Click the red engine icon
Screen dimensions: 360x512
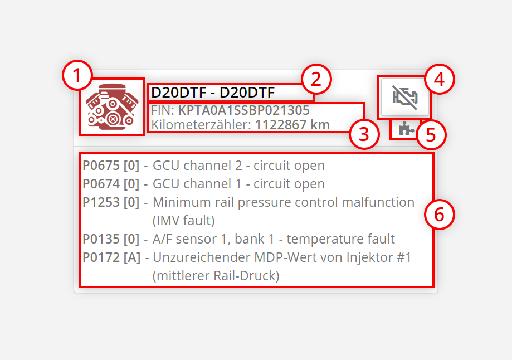click(111, 106)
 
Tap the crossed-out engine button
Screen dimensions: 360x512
click(405, 96)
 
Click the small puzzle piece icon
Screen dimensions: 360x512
click(404, 130)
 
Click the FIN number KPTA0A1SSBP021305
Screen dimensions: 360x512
click(243, 110)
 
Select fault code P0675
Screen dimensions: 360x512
click(101, 166)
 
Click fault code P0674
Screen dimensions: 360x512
click(101, 184)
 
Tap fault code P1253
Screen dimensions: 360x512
click(101, 202)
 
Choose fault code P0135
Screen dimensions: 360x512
click(101, 239)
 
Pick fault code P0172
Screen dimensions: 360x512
click(101, 257)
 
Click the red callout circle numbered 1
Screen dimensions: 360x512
click(77, 76)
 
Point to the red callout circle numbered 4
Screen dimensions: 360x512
click(440, 79)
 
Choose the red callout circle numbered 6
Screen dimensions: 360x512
click(440, 215)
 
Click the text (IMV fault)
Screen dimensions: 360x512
click(183, 221)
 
